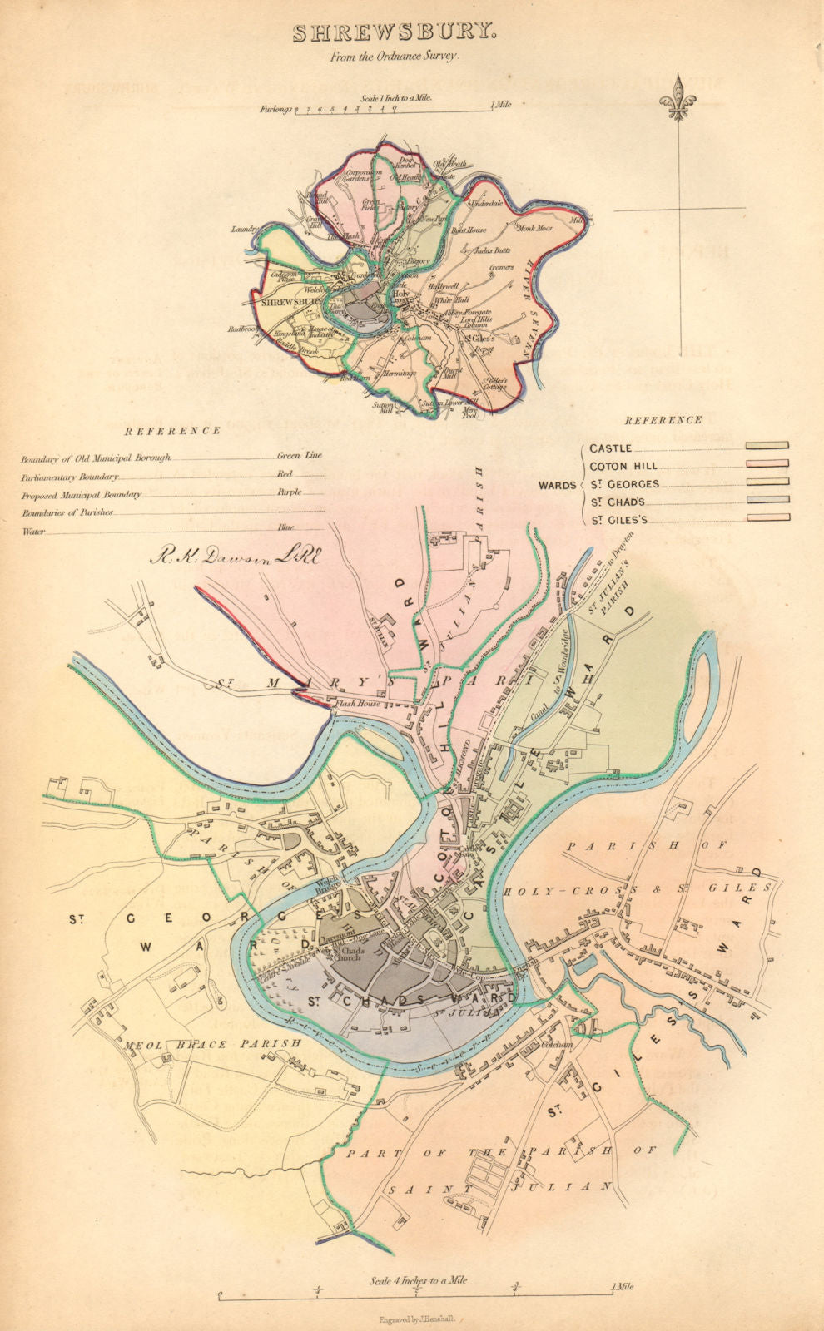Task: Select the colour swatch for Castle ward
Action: pos(767,447)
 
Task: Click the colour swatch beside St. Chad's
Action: pos(767,501)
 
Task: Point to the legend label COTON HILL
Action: pos(623,466)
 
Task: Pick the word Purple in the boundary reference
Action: pos(289,492)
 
